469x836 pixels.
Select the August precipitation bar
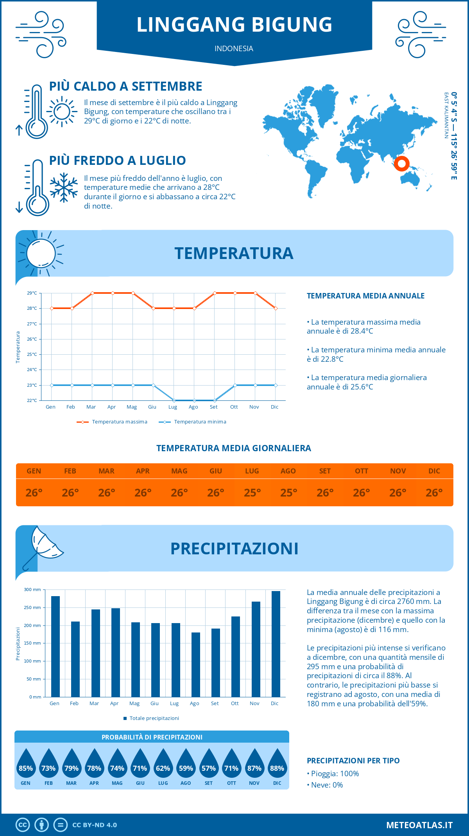point(196,664)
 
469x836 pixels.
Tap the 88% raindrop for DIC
point(277,764)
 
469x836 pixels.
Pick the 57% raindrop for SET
point(209,764)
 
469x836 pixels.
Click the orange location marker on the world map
point(401,163)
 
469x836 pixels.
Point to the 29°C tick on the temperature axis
point(32,293)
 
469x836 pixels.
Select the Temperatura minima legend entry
point(193,422)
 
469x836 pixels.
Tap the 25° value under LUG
point(252,493)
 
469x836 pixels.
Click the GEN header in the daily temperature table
point(34,471)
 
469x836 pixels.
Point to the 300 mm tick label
point(32,589)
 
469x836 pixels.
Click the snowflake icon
point(64,188)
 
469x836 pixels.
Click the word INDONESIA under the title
point(234,49)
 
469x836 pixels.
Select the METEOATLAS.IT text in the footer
point(419,825)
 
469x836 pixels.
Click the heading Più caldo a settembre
point(126,86)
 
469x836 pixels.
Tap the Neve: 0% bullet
point(325,785)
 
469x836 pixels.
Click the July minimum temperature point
point(174,400)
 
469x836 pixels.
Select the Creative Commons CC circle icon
point(23,825)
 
